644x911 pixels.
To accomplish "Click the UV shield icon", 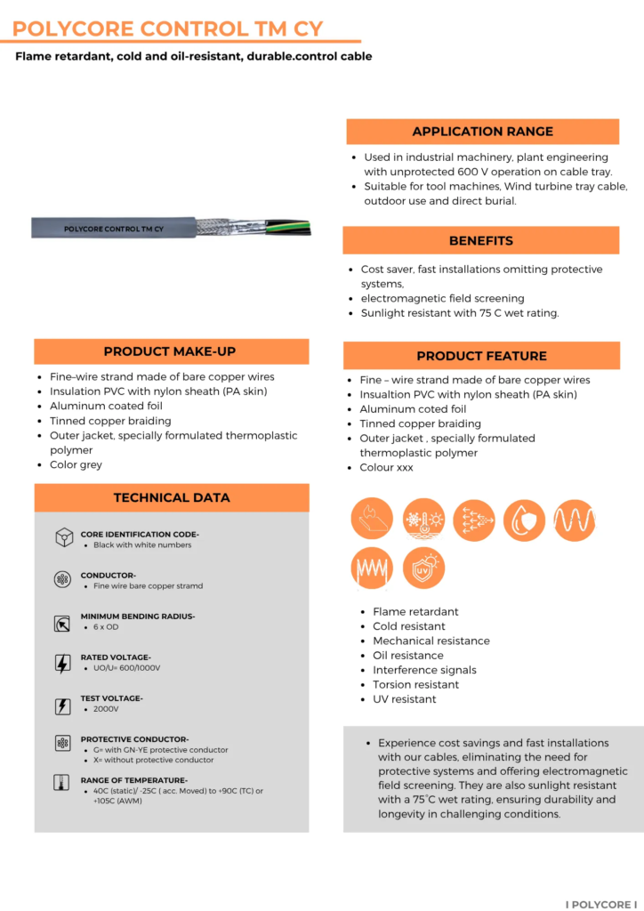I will click(423, 567).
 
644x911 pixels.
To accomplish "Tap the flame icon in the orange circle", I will click(372, 519).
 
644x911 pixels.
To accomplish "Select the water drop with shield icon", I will click(524, 519).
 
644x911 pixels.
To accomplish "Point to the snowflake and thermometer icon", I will click(423, 519).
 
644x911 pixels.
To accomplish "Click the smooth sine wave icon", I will click(574, 519).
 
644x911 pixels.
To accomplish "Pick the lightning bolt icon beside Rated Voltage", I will click(63, 663).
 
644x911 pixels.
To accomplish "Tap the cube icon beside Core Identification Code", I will click(63, 538).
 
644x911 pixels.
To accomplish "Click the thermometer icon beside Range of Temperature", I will click(62, 784).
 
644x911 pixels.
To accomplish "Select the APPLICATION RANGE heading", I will click(482, 132).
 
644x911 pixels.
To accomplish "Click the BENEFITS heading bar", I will click(480, 240).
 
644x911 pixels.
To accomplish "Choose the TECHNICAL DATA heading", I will click(172, 497).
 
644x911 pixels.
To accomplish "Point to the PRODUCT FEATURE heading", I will click(481, 356).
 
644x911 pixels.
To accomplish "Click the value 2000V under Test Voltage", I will click(106, 709).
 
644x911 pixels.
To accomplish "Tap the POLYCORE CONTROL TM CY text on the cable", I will click(113, 229).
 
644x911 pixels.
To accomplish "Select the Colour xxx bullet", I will click(386, 467).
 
